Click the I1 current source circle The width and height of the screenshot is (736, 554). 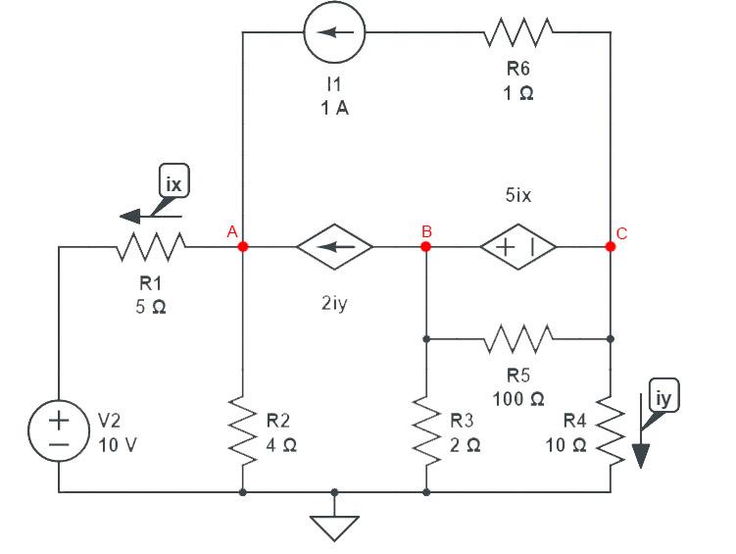coord(334,32)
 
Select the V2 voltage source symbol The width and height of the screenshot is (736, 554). coord(59,431)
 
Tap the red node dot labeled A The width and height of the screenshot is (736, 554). coord(242,247)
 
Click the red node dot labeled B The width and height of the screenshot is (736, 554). coord(425,247)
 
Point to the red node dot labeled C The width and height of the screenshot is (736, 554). coord(611,247)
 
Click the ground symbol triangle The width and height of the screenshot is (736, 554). coord(334,527)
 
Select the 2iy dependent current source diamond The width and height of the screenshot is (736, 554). coord(334,247)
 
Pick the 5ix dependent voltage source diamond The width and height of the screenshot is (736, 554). coord(518,247)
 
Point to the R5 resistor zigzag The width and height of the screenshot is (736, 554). coord(518,339)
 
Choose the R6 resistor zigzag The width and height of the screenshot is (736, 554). coord(518,32)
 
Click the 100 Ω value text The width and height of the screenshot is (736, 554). coord(525,399)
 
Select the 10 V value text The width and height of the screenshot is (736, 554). coord(118,443)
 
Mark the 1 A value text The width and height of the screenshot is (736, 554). coord(334,108)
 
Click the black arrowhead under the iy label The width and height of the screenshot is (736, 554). coord(642,457)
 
